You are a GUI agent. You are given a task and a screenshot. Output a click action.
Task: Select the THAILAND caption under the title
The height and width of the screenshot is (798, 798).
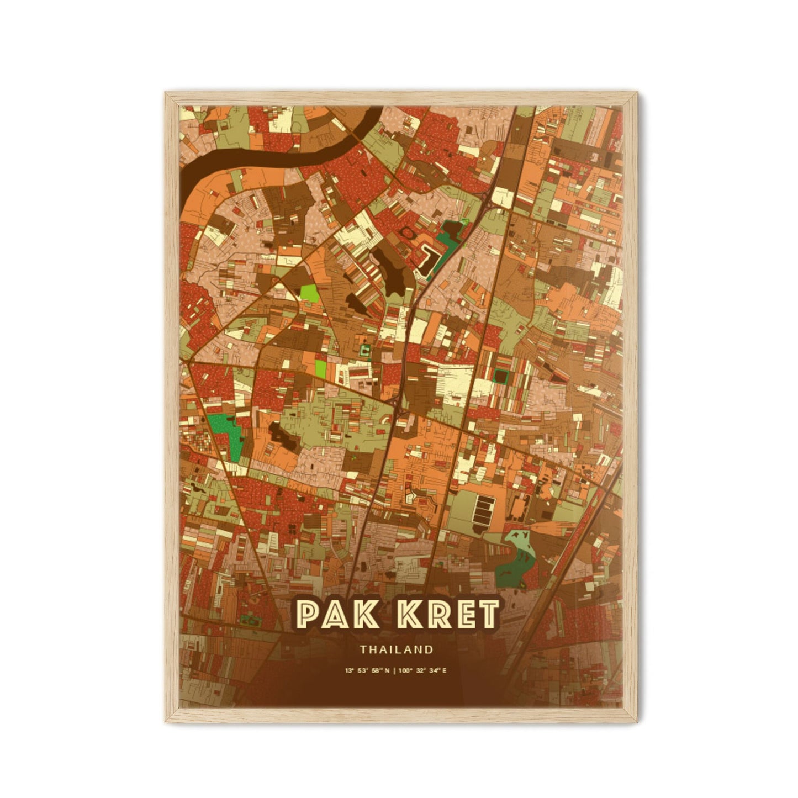point(397,649)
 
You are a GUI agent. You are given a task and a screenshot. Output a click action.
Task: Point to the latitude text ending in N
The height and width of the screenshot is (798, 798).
point(367,671)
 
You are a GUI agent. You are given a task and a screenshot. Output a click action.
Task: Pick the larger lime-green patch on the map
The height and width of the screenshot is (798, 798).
point(309,291)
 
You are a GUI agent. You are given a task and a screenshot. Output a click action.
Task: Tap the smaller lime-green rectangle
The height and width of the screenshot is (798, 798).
point(320,369)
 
